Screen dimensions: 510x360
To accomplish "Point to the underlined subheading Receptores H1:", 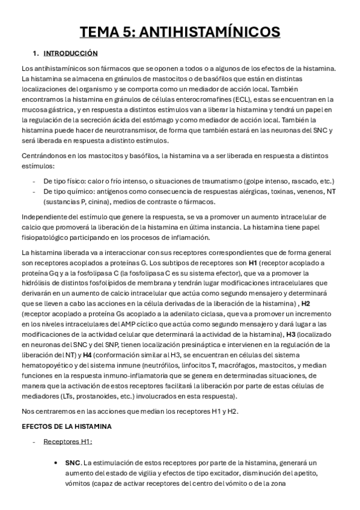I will click(x=67, y=441).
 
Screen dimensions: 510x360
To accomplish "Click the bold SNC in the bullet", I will click(x=72, y=462).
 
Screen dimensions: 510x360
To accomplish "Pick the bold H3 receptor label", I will click(x=291, y=334).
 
